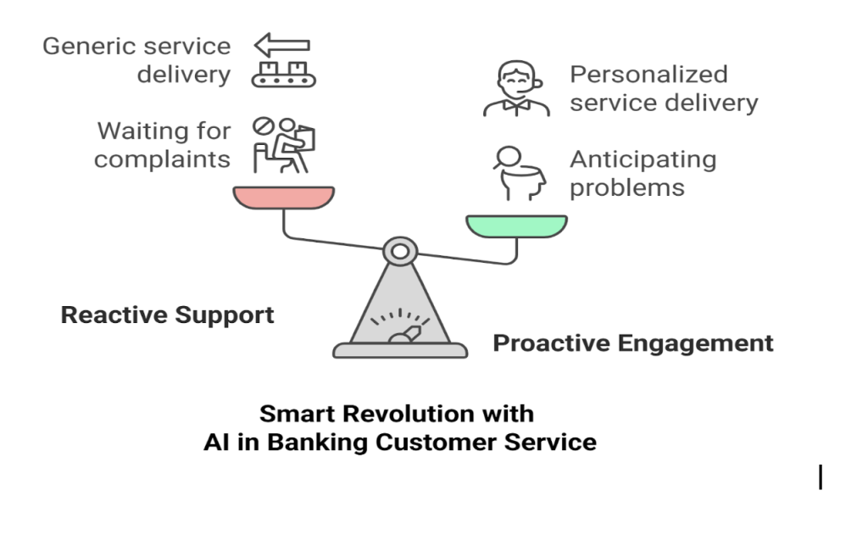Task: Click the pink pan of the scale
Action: point(283,198)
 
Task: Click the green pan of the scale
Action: point(516,226)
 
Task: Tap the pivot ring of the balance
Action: point(400,252)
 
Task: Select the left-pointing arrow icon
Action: point(281,45)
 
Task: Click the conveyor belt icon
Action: point(283,75)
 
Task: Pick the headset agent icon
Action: point(516,89)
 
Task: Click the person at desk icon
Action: point(284,145)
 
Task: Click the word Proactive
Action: point(552,343)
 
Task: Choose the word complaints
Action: point(162,160)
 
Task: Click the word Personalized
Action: point(648,75)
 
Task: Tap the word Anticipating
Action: point(643,160)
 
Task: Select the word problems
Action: point(627,188)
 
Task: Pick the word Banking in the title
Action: point(317,443)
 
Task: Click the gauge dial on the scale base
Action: point(400,326)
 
